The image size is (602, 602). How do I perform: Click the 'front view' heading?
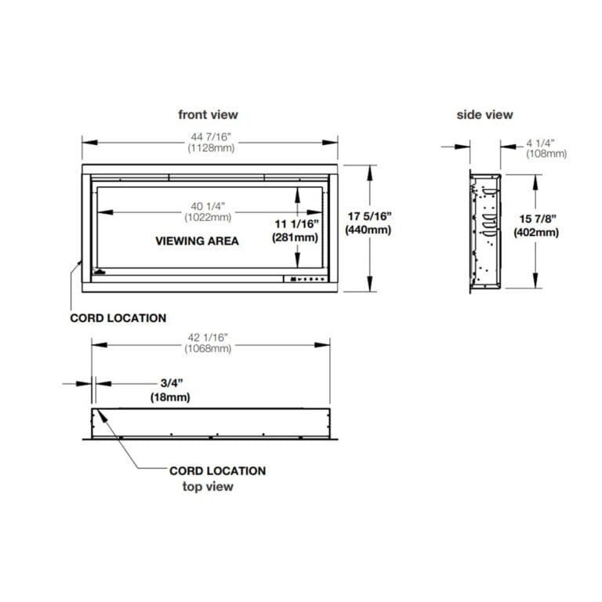(x=208, y=114)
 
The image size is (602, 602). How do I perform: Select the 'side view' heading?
(x=484, y=114)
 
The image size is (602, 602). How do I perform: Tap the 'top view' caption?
(x=208, y=487)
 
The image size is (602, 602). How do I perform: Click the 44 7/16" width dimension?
(x=211, y=136)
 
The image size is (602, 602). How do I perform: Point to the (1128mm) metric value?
(x=211, y=148)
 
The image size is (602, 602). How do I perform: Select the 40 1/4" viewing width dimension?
(x=208, y=207)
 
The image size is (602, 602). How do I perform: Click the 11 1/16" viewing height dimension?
(x=296, y=224)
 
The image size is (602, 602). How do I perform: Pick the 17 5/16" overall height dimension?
(x=369, y=216)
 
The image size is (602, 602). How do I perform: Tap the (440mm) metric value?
(x=368, y=230)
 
